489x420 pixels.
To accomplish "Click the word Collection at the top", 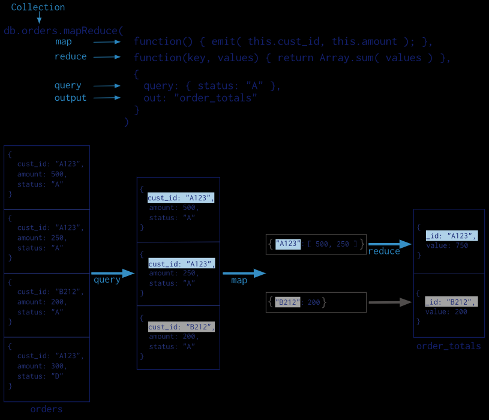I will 38,7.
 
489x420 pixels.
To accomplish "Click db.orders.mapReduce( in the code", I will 63,31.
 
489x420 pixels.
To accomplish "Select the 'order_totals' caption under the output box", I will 448,346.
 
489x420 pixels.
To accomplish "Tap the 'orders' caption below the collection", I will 46,409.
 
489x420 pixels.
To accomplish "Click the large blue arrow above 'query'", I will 113,273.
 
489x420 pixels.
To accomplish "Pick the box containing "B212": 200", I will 316,302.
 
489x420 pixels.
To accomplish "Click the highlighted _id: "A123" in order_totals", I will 451,236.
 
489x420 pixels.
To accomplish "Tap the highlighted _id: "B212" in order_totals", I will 451,302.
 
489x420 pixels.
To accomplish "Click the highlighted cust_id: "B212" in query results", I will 181,327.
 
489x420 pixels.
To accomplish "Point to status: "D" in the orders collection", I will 40,376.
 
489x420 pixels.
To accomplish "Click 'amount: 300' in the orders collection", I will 42,366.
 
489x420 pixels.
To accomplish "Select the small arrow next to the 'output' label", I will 107,98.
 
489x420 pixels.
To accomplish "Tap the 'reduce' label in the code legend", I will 71,57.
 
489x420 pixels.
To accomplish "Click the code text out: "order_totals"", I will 200,98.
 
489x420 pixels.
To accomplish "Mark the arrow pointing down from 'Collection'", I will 40,19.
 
